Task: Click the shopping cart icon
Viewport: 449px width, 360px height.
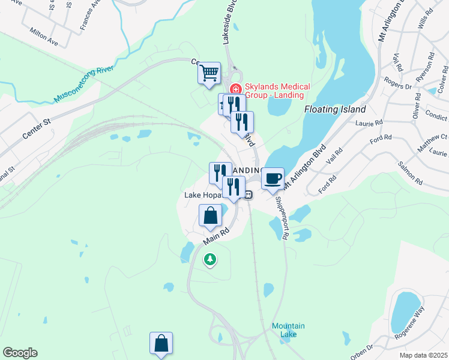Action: tap(209, 74)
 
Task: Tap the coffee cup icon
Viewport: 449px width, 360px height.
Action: tap(273, 178)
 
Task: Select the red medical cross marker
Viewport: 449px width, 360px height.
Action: tap(235, 89)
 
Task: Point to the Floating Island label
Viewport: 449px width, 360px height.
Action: tap(334, 110)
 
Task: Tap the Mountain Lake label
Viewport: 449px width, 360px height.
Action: tap(288, 330)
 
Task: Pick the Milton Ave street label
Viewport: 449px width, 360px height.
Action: tap(43, 37)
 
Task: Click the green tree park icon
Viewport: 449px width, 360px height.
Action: tap(209, 259)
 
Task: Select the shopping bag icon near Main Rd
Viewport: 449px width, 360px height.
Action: tap(210, 216)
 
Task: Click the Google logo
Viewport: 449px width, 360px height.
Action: tap(20, 353)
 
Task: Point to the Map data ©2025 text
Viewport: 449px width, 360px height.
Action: tap(423, 355)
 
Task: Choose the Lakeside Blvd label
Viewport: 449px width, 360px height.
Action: tap(228, 24)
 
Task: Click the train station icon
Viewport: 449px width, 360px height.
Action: tap(247, 194)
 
